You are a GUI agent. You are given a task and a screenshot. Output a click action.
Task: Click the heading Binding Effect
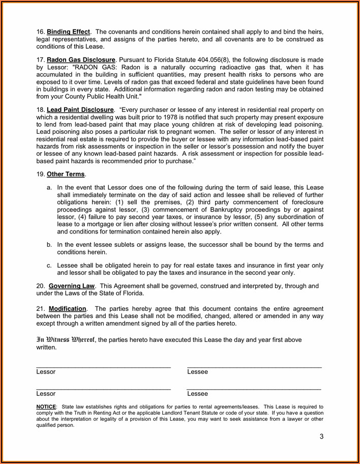[69, 32]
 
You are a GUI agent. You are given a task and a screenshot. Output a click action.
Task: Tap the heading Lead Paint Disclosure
[80, 109]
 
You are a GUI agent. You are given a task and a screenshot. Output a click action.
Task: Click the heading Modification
[67, 309]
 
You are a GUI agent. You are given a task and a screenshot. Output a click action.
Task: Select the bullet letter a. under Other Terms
[49, 187]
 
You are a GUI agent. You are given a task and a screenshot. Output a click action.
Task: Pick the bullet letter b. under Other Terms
[49, 245]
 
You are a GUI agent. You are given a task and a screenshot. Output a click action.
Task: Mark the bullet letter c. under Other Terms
[49, 266]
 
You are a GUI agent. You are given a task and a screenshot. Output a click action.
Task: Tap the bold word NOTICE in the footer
[46, 407]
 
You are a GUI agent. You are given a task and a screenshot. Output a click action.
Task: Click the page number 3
[321, 437]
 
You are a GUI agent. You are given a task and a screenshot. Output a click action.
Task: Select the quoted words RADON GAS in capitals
[92, 68]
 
